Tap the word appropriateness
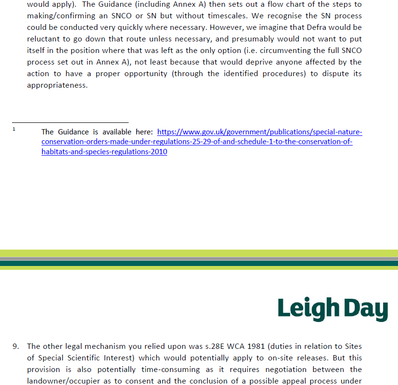point(57,85)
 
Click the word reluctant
point(44,39)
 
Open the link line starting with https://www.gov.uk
point(260,132)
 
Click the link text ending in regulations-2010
point(104,152)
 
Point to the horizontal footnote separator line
point(70,122)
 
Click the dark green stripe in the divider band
point(199,263)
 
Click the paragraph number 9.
point(16,346)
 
